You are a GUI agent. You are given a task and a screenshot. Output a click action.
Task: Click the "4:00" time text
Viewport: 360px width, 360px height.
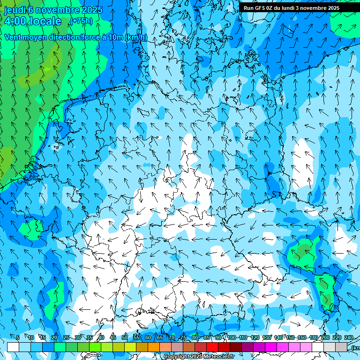[x=15, y=21]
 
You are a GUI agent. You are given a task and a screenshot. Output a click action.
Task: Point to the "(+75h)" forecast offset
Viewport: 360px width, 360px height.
[x=81, y=21]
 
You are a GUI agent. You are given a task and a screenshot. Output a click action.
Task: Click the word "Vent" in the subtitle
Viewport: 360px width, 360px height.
[x=14, y=37]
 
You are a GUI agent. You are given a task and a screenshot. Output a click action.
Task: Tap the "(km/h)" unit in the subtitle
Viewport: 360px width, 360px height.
[x=135, y=37]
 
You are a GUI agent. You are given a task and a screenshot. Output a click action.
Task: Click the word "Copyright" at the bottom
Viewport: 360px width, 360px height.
[x=176, y=357]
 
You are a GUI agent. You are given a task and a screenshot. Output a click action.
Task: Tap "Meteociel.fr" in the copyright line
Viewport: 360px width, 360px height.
[x=219, y=357]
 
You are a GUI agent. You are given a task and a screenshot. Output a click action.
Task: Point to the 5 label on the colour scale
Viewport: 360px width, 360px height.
[x=18, y=337]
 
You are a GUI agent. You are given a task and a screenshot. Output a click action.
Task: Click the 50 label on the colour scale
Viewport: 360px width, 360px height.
[x=125, y=337]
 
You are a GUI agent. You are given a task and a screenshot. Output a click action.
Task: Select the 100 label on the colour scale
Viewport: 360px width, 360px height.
[x=231, y=337]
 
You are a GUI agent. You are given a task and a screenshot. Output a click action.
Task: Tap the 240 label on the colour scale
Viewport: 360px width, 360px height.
[x=349, y=337]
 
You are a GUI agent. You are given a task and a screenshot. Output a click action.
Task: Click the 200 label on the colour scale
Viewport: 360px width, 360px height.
[x=325, y=337]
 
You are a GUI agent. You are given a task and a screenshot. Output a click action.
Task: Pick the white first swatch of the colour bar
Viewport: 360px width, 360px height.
[x=13, y=347]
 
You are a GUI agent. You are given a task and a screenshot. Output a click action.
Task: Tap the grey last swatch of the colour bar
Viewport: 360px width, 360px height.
[x=341, y=347]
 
